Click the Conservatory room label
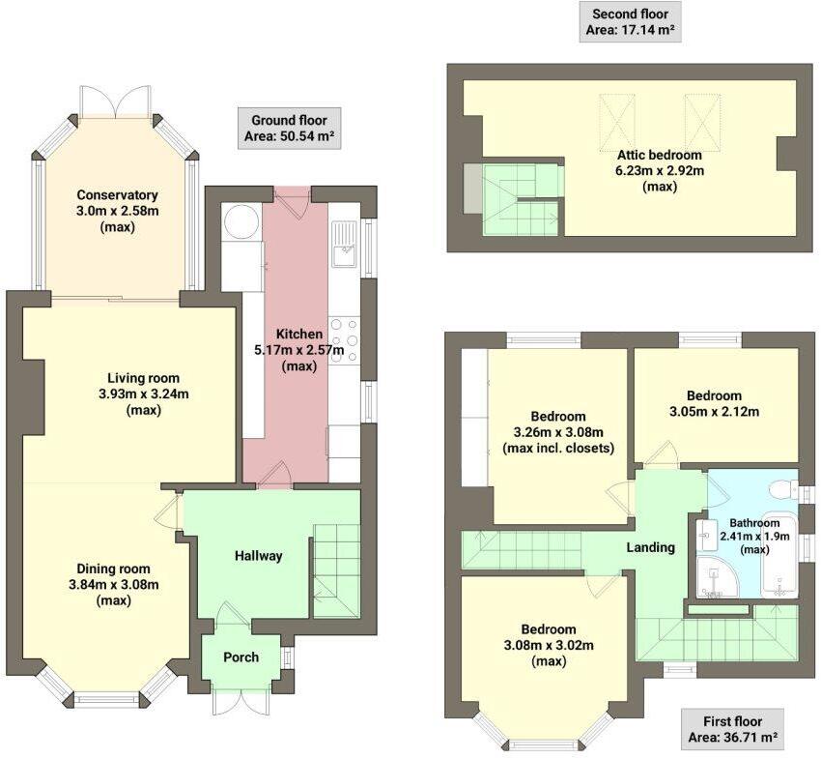point(117,194)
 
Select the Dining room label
point(114,568)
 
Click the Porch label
point(241,657)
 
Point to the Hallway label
point(258,556)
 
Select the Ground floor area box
point(289,129)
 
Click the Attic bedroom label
point(660,154)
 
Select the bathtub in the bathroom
point(779,556)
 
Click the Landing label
point(650,547)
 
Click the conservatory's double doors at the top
point(116,100)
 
